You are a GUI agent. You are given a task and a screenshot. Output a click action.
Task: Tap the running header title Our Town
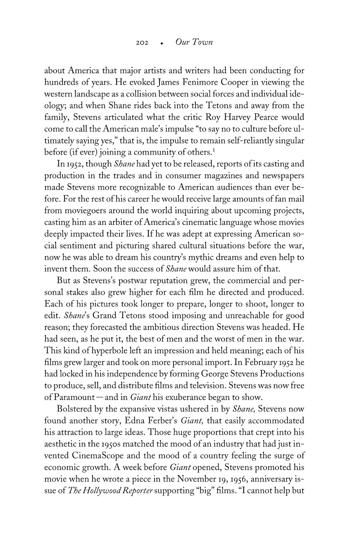point(194,43)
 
